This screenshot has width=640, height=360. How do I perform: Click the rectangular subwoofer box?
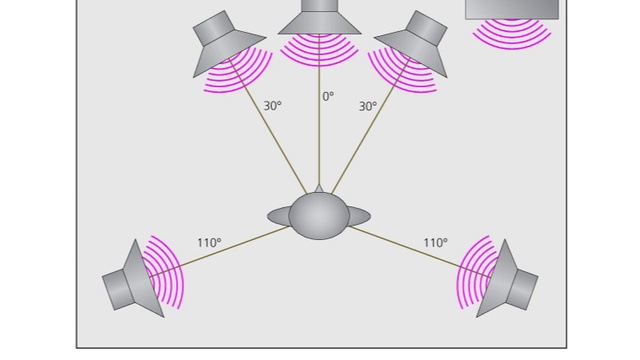(x=512, y=9)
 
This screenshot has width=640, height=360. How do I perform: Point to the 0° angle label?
(x=327, y=97)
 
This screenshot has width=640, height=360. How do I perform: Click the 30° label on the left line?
(x=272, y=105)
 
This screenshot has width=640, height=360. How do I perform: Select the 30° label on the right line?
(x=367, y=105)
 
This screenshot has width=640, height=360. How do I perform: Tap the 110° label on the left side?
(x=209, y=242)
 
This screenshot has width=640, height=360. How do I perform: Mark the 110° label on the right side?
(x=435, y=242)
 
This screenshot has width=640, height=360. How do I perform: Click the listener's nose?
(x=319, y=188)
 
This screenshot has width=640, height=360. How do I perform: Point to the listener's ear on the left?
(x=278, y=216)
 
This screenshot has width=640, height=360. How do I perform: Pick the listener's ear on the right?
(x=360, y=216)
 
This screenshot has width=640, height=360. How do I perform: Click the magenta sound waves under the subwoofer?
(x=512, y=35)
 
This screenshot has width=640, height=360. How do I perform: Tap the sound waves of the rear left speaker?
(x=168, y=270)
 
